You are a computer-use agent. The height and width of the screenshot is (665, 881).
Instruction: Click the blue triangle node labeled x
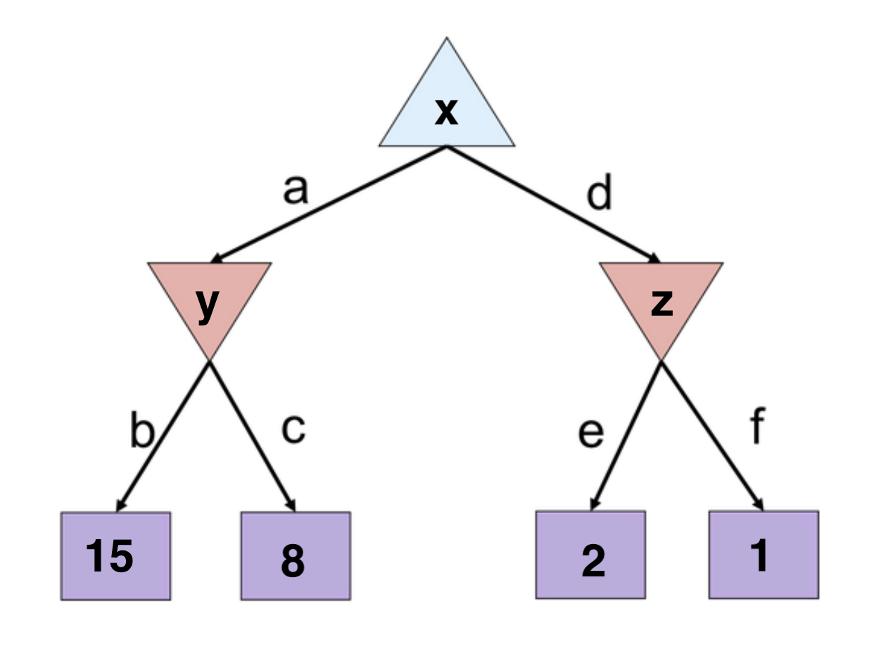(446, 112)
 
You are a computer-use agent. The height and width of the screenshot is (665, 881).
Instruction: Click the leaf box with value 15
(115, 555)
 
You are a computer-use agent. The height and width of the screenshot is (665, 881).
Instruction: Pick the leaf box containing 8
(296, 555)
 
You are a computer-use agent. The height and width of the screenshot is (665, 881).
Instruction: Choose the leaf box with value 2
(590, 555)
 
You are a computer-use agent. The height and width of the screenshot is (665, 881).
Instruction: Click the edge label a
(296, 190)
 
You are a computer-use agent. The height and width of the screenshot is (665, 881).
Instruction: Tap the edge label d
(599, 195)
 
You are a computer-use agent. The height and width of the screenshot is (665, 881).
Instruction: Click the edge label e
(590, 434)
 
